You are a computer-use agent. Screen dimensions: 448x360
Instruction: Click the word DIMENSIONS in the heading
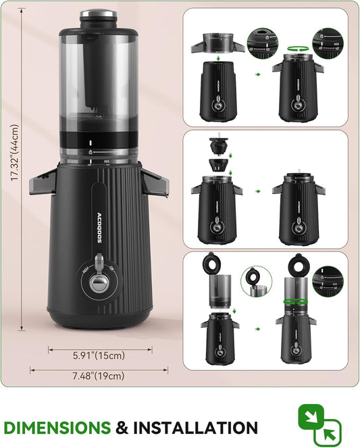(x=57, y=428)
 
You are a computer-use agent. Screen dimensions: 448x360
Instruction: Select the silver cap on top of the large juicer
(x=99, y=13)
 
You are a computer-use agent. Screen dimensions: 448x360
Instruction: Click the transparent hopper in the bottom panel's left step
(x=216, y=289)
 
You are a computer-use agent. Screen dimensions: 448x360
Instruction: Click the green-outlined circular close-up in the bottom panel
(x=256, y=280)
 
